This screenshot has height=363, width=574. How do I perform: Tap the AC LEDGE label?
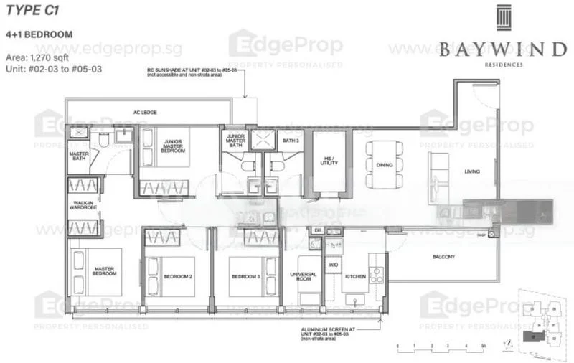145,113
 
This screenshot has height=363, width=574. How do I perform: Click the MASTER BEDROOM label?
105,272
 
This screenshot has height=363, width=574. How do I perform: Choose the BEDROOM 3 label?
245,277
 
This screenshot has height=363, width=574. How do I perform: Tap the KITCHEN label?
355,276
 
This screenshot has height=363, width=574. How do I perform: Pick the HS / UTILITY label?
329,161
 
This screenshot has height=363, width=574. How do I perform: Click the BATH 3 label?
289,141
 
